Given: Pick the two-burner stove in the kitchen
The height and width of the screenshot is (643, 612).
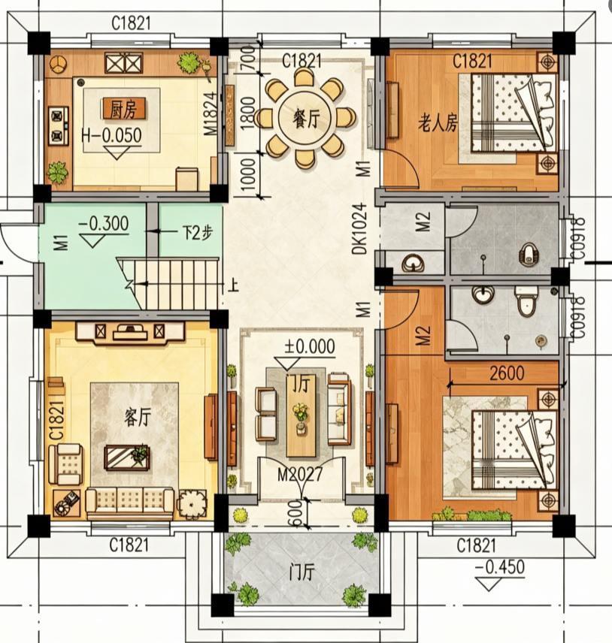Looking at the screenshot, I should pyautogui.click(x=56, y=125).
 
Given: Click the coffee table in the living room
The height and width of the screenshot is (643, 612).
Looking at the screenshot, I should pyautogui.click(x=126, y=456).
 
